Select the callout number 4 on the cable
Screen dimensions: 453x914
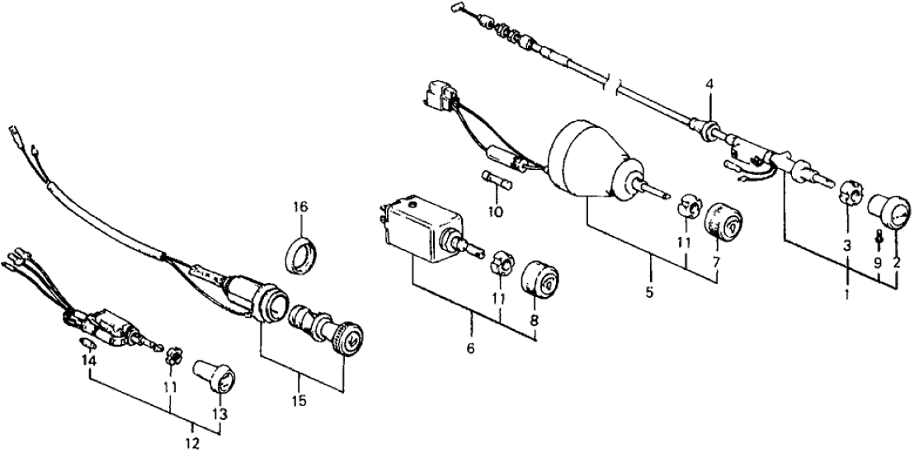point(709,83)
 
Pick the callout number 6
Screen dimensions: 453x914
point(472,348)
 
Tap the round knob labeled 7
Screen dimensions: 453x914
point(723,220)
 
